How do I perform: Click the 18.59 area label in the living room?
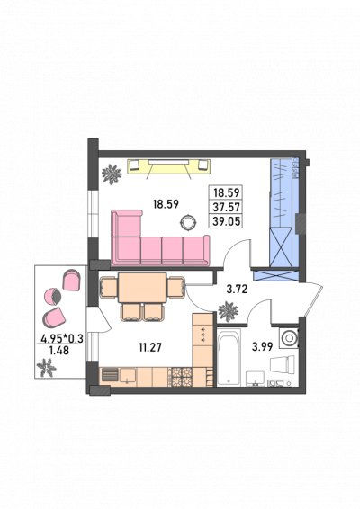click(166, 204)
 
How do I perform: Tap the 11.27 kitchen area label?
click(150, 348)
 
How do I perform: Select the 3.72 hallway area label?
click(238, 289)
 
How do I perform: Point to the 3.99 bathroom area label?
click(262, 347)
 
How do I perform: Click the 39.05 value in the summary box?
click(227, 221)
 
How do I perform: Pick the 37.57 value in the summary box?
click(227, 207)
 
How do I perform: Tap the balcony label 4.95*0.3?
click(62, 339)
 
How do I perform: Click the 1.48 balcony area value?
click(58, 350)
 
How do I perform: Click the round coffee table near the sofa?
click(188, 222)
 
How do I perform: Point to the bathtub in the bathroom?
click(229, 357)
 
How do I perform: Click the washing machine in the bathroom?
click(289, 337)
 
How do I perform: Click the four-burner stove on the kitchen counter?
click(181, 377)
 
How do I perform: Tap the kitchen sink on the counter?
click(128, 376)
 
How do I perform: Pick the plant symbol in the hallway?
click(229, 312)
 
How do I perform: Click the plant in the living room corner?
click(112, 174)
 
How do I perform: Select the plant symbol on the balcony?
click(47, 368)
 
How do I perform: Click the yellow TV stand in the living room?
click(168, 167)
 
